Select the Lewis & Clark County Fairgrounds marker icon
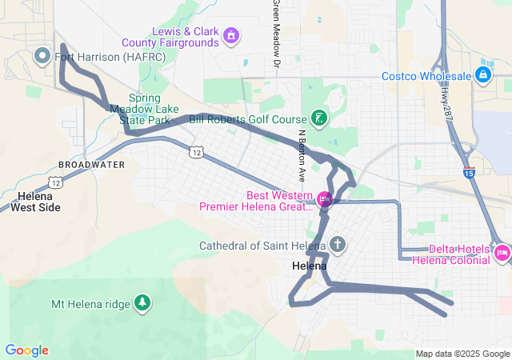tap(231, 35)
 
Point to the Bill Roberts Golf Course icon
tap(318, 119)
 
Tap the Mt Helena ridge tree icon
tap(142, 302)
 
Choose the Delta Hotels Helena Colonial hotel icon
tap(502, 254)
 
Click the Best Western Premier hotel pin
tap(325, 199)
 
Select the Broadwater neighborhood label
tap(91, 164)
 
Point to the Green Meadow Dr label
tap(276, 32)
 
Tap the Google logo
tap(26, 350)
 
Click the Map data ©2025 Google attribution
tap(462, 354)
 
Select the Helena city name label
tap(309, 266)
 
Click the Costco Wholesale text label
tap(426, 76)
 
